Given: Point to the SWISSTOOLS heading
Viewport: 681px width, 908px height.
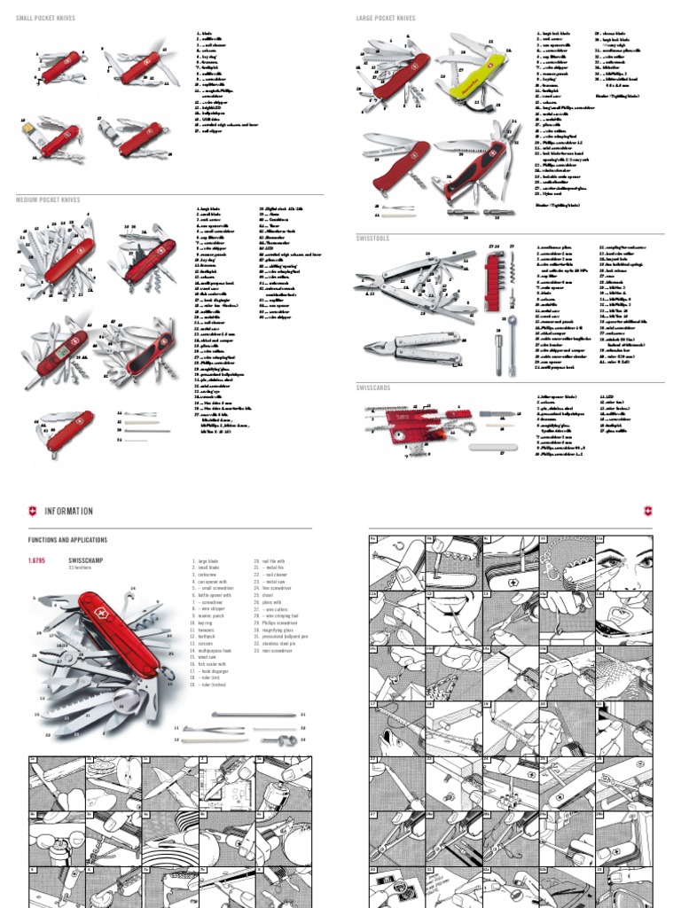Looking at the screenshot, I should tap(372, 239).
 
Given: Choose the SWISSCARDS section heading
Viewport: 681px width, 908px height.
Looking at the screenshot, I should tap(373, 387).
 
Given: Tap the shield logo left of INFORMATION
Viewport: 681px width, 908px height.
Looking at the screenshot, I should tap(34, 512).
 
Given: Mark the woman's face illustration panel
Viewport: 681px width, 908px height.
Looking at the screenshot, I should tap(624, 562).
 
